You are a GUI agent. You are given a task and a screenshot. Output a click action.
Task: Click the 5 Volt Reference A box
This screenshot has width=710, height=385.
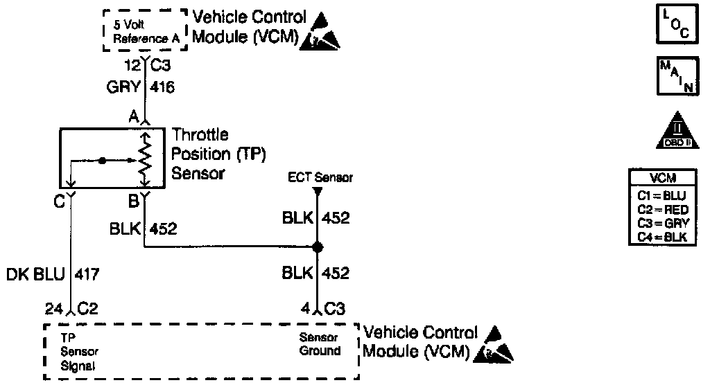[146, 31]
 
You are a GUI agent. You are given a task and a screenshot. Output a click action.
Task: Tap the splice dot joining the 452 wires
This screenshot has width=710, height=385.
[317, 247]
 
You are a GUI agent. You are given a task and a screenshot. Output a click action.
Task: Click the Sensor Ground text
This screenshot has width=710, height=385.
[320, 344]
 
